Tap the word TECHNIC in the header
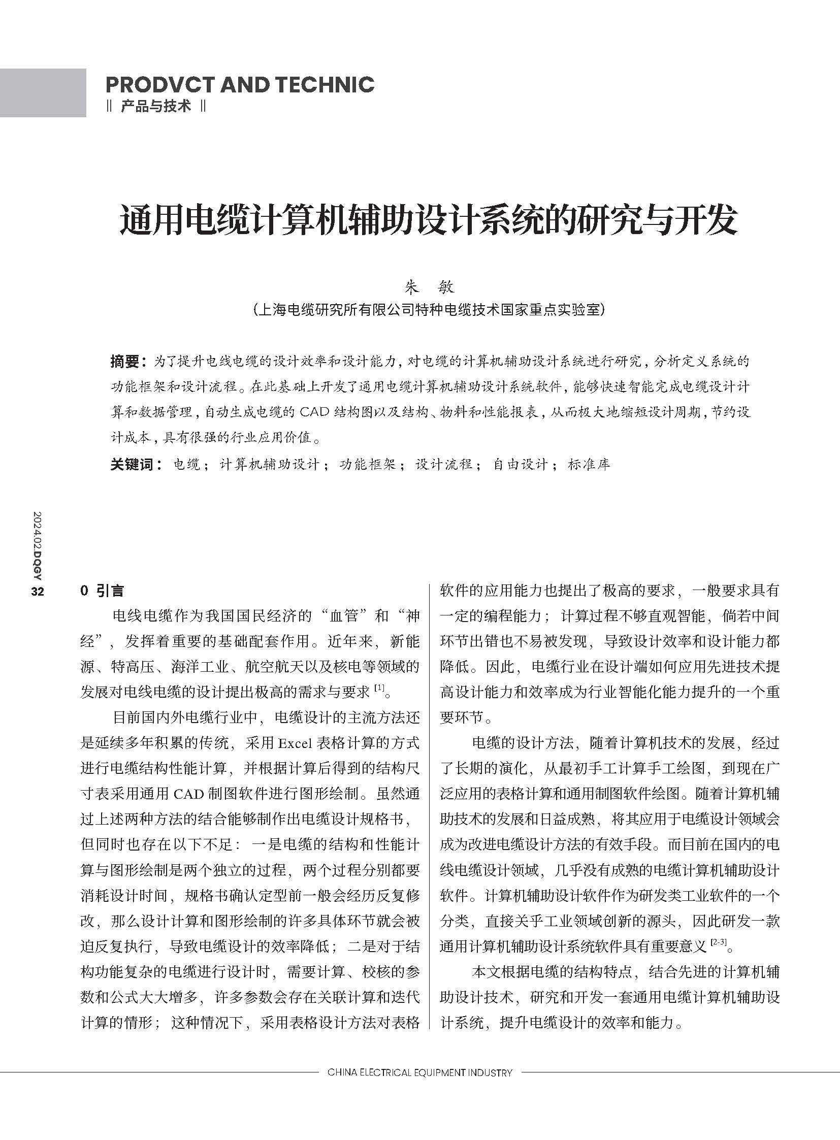tap(322, 84)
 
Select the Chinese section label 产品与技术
tap(155, 106)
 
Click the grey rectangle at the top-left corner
tap(43, 92)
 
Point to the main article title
tap(428, 221)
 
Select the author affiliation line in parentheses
tap(428, 310)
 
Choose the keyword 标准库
tap(589, 464)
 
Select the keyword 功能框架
tap(368, 464)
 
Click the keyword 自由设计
tap(521, 464)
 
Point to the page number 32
tap(37, 592)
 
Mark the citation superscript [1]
tap(379, 688)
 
